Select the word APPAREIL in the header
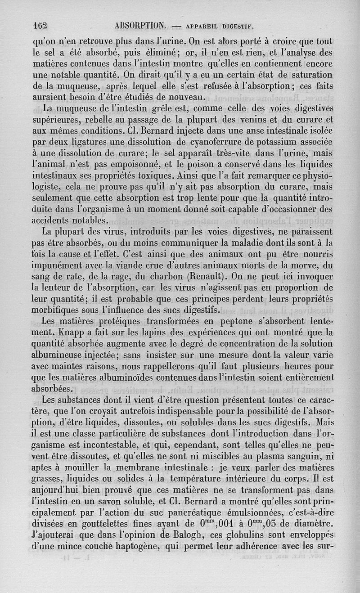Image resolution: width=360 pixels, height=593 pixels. coord(196,25)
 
